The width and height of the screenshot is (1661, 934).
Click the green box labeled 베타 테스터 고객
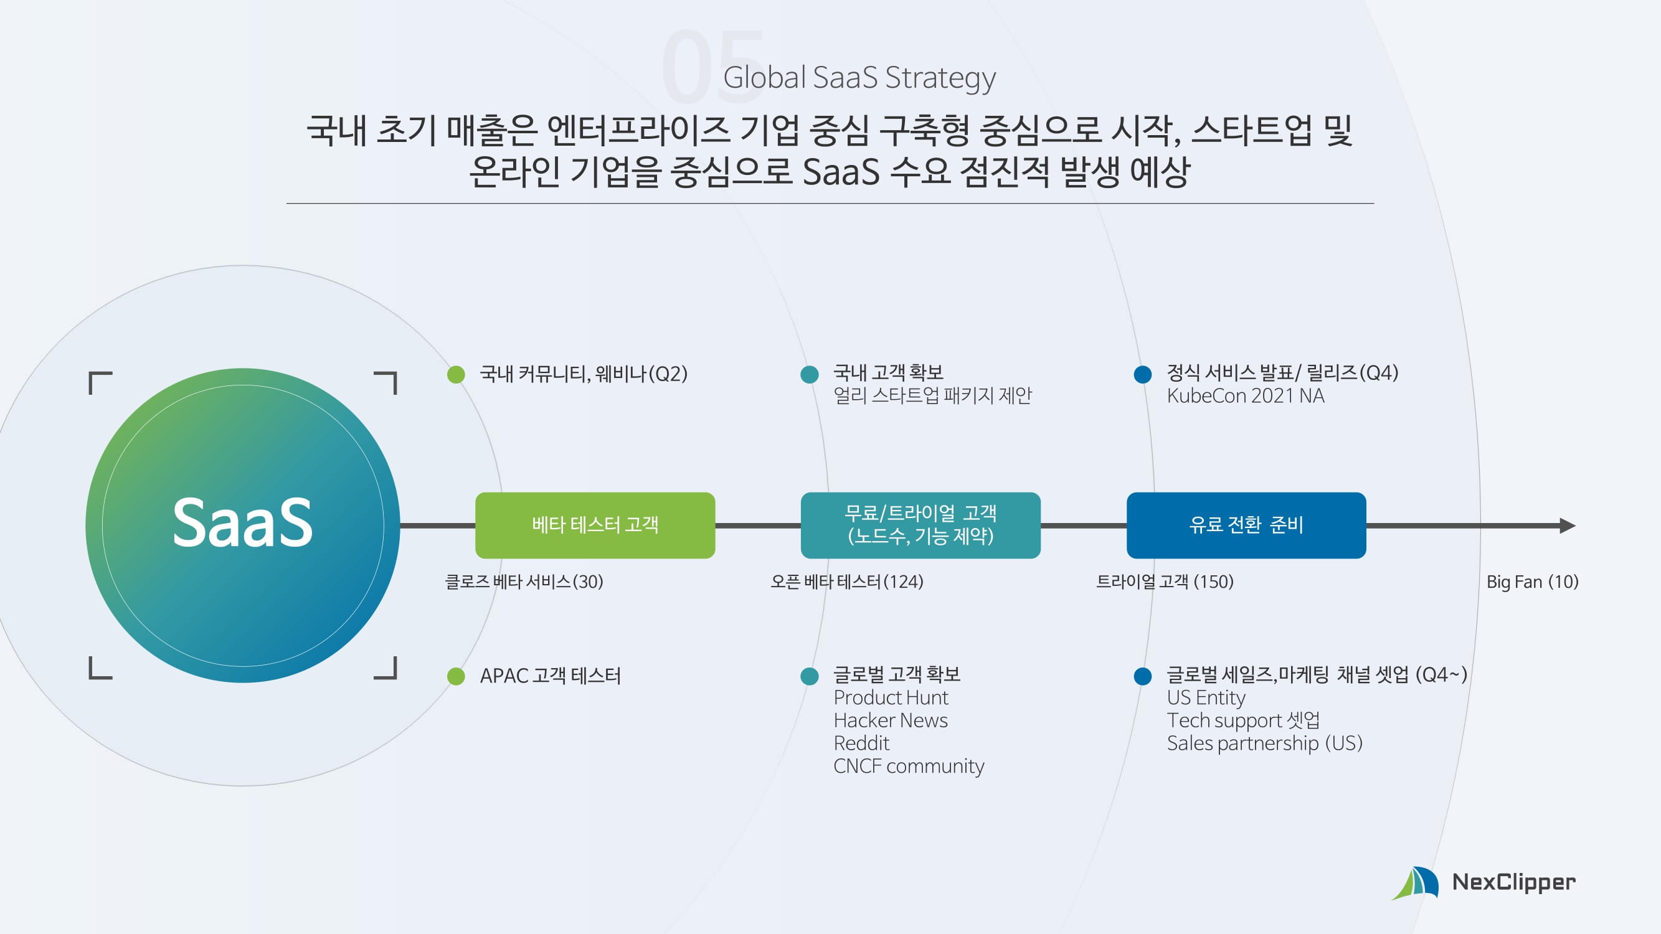(x=595, y=526)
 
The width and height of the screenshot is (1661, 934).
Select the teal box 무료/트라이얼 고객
(x=920, y=526)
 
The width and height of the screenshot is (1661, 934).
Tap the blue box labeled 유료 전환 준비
(x=1246, y=526)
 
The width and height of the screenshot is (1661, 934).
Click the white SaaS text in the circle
(x=242, y=523)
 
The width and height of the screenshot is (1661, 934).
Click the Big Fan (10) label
(x=1532, y=582)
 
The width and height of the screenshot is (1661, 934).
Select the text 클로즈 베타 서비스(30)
(x=524, y=582)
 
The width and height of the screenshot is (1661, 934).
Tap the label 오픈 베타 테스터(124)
(x=846, y=582)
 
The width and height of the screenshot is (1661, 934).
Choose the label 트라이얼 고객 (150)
(x=1165, y=582)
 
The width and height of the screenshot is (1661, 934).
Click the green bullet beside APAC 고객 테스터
(x=456, y=676)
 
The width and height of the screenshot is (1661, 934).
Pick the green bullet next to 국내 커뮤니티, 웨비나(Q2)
(x=456, y=374)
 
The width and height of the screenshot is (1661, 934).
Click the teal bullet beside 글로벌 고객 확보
(x=809, y=676)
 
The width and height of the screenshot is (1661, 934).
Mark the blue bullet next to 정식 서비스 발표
(x=1143, y=374)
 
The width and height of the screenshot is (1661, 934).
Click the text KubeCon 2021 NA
(x=1245, y=396)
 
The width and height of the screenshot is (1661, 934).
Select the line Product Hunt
(x=891, y=697)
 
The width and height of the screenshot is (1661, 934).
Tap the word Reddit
(x=861, y=743)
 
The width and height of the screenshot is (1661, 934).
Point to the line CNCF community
(x=909, y=767)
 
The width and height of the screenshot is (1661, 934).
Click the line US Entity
(x=1206, y=697)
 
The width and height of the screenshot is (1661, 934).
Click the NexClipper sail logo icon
(x=1416, y=883)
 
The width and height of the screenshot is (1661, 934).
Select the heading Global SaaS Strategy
(x=859, y=77)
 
